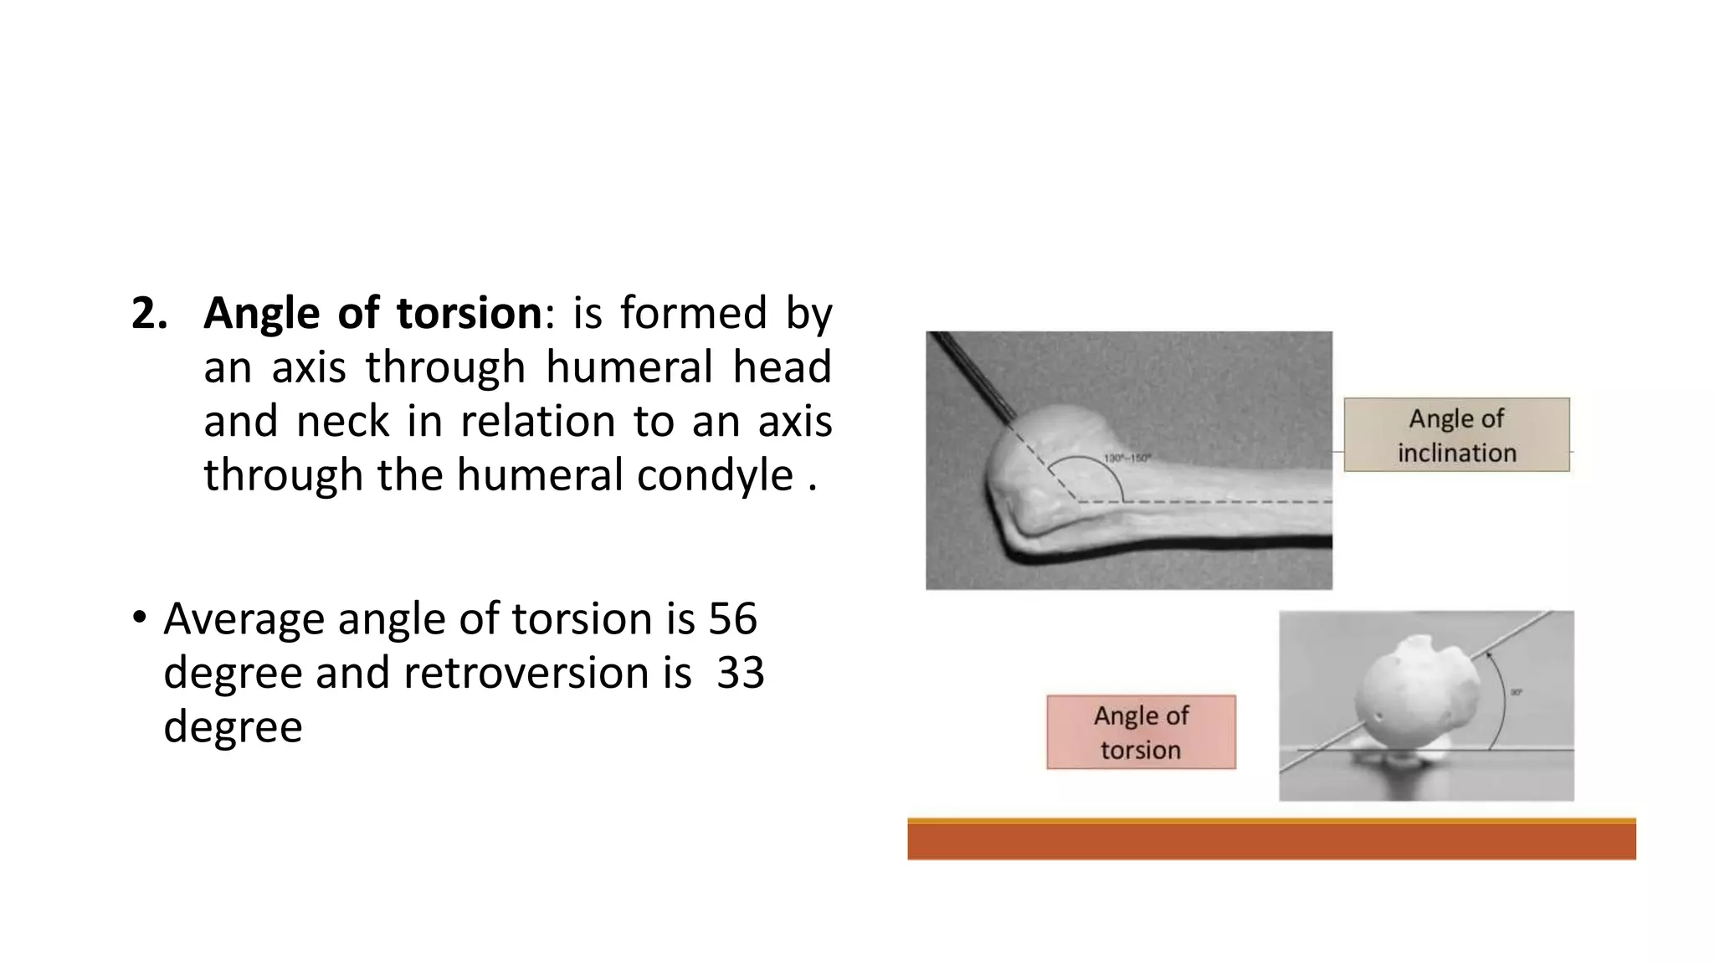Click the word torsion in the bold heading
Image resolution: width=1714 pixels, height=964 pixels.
click(470, 314)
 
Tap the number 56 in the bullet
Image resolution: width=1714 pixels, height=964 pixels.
click(732, 619)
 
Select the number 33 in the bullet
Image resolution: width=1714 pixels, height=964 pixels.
click(740, 673)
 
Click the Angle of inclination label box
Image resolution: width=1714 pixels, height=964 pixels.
click(1456, 435)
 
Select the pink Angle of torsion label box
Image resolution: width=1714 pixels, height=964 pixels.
click(1141, 732)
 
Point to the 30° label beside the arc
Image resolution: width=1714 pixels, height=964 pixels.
click(1516, 692)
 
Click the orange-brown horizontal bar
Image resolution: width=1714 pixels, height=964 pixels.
click(1271, 840)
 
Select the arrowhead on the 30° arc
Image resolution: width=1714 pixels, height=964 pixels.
click(1490, 657)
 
